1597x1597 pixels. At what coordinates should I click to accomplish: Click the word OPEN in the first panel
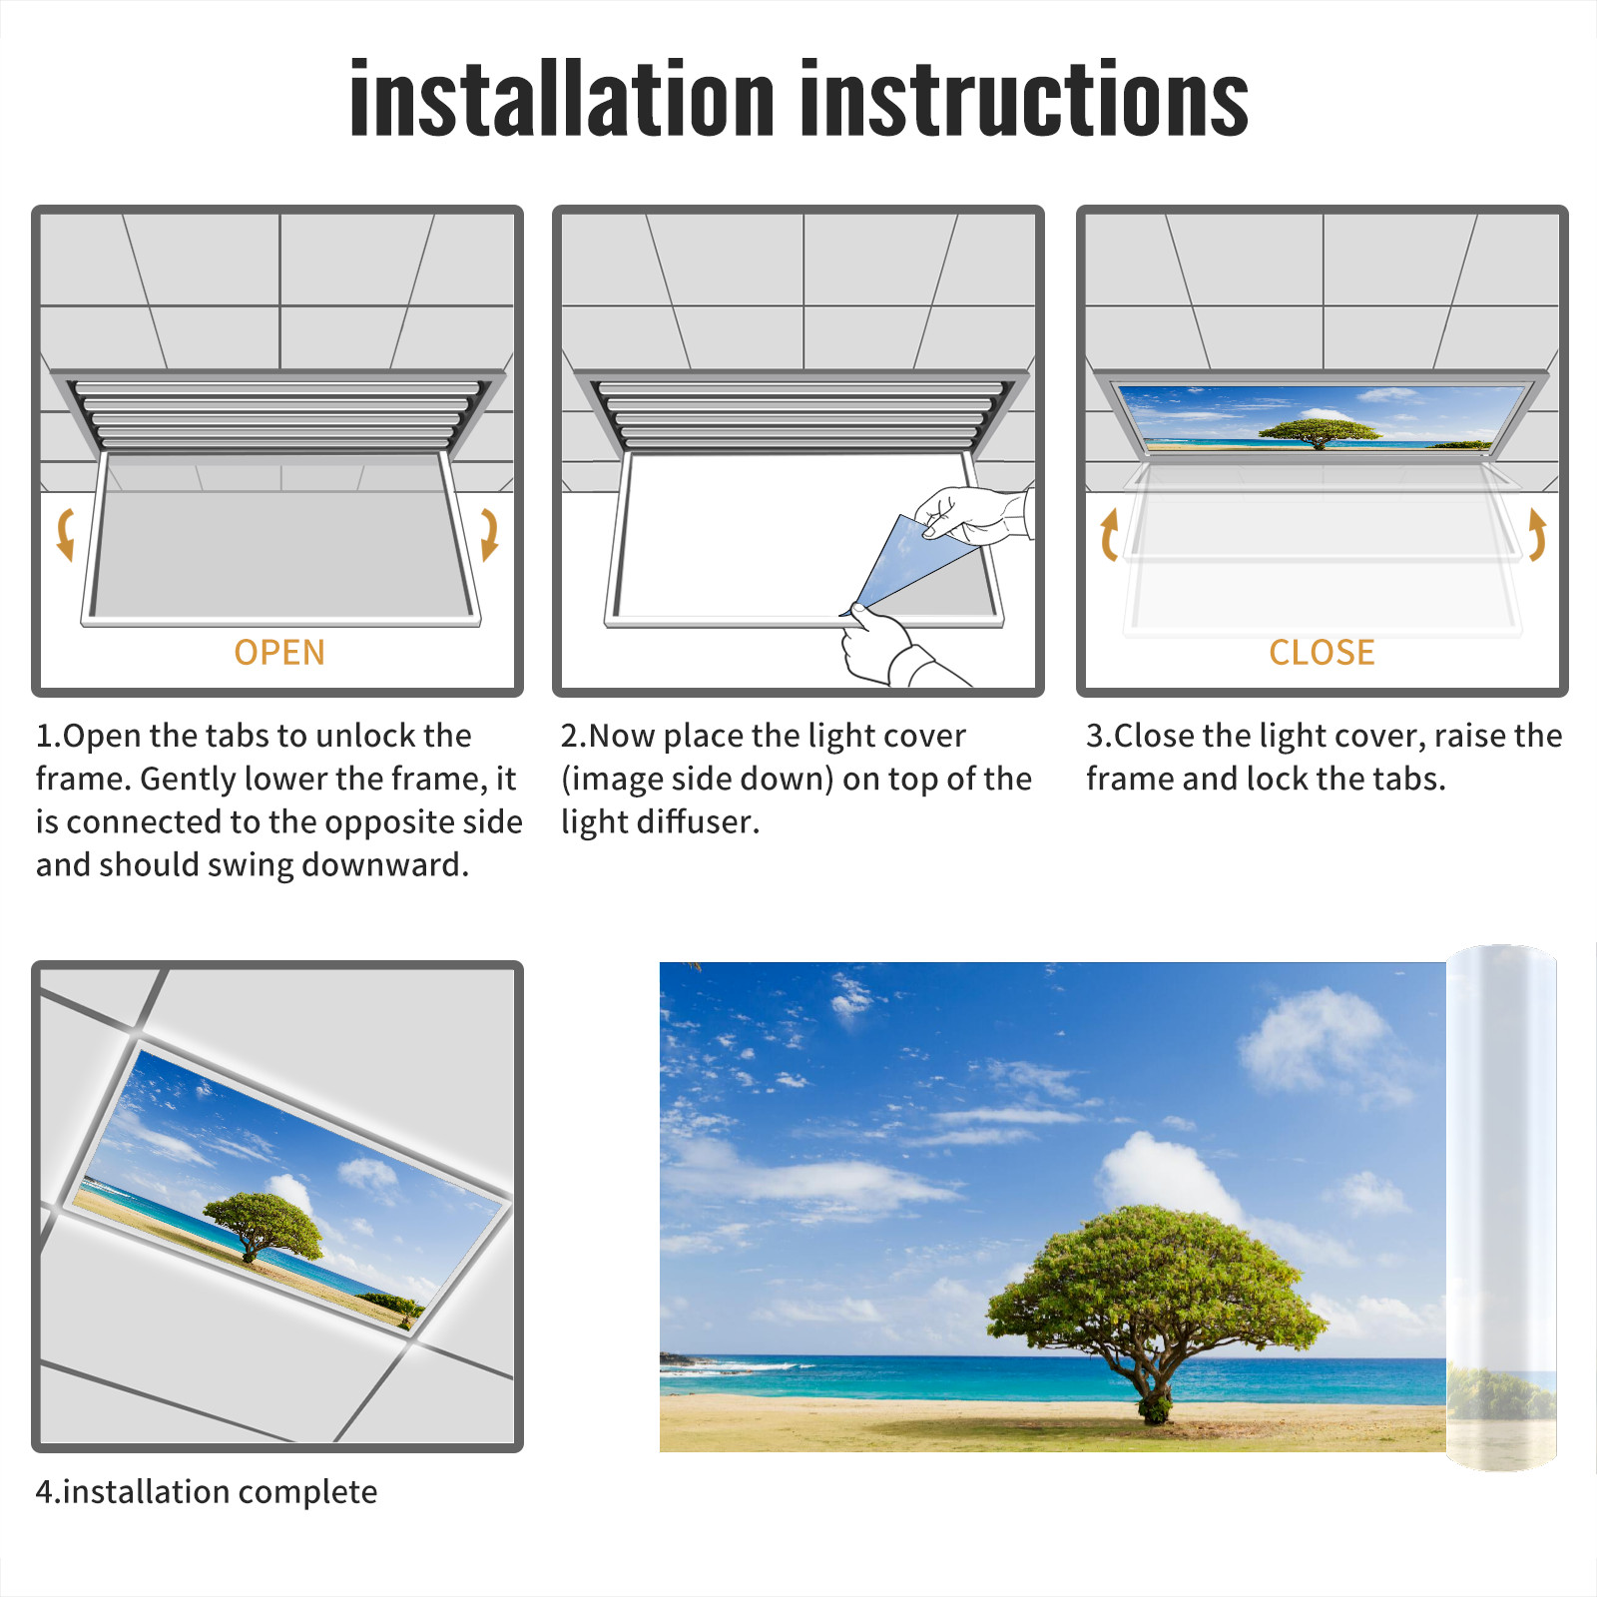279,653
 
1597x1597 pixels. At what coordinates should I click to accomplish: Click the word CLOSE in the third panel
1322,653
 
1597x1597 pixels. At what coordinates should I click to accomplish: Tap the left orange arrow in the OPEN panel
66,534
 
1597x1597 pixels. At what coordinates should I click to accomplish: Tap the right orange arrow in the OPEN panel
489,534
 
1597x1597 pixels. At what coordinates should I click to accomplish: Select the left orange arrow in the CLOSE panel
1108,534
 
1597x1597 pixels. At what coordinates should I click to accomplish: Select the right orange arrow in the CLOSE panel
1537,534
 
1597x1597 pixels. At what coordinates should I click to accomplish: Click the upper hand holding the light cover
973,514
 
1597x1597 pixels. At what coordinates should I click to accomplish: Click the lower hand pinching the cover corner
893,647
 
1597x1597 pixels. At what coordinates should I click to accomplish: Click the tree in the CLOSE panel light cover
1320,433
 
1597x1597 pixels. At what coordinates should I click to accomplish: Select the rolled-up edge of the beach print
1501,1208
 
